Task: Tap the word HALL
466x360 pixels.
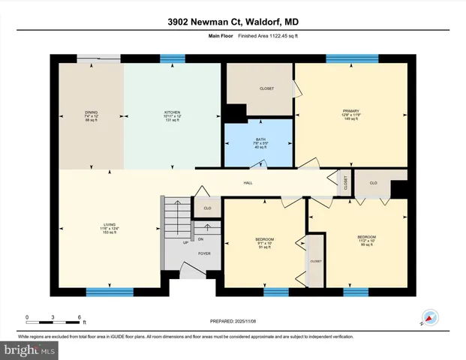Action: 248,182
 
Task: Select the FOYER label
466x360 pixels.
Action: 203,253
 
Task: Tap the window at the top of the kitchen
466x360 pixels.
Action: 173,58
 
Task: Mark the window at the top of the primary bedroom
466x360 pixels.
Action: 347,58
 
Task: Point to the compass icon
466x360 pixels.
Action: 430,317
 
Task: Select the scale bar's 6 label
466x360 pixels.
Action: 80,316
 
